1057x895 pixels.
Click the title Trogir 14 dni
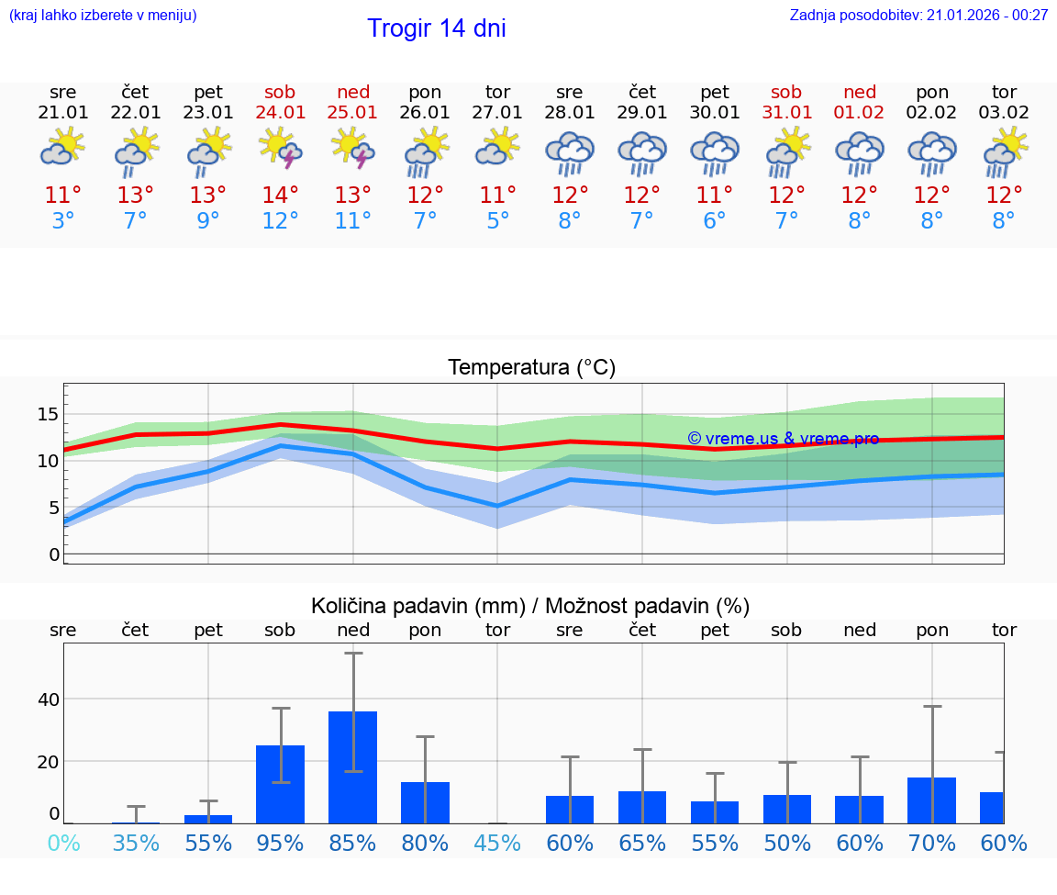[437, 28]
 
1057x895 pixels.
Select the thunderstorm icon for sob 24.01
[281, 149]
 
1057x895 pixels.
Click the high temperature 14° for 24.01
[281, 196]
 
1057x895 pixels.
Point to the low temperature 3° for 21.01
[63, 221]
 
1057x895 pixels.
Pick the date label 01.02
[860, 113]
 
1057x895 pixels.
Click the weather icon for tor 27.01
[498, 149]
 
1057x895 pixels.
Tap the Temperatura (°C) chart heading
[531, 368]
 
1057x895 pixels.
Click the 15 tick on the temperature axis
[48, 414]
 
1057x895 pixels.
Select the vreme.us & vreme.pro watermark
[783, 439]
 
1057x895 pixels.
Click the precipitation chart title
[530, 606]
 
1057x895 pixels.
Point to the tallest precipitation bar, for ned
[353, 766]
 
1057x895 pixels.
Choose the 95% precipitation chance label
[281, 843]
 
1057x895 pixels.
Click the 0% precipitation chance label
[63, 843]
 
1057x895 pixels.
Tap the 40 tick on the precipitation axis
[48, 699]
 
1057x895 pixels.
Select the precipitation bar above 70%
[932, 800]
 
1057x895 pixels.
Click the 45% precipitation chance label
[498, 843]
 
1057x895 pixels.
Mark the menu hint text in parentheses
[103, 16]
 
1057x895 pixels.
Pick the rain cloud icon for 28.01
[570, 152]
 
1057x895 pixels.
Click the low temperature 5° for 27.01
[498, 221]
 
